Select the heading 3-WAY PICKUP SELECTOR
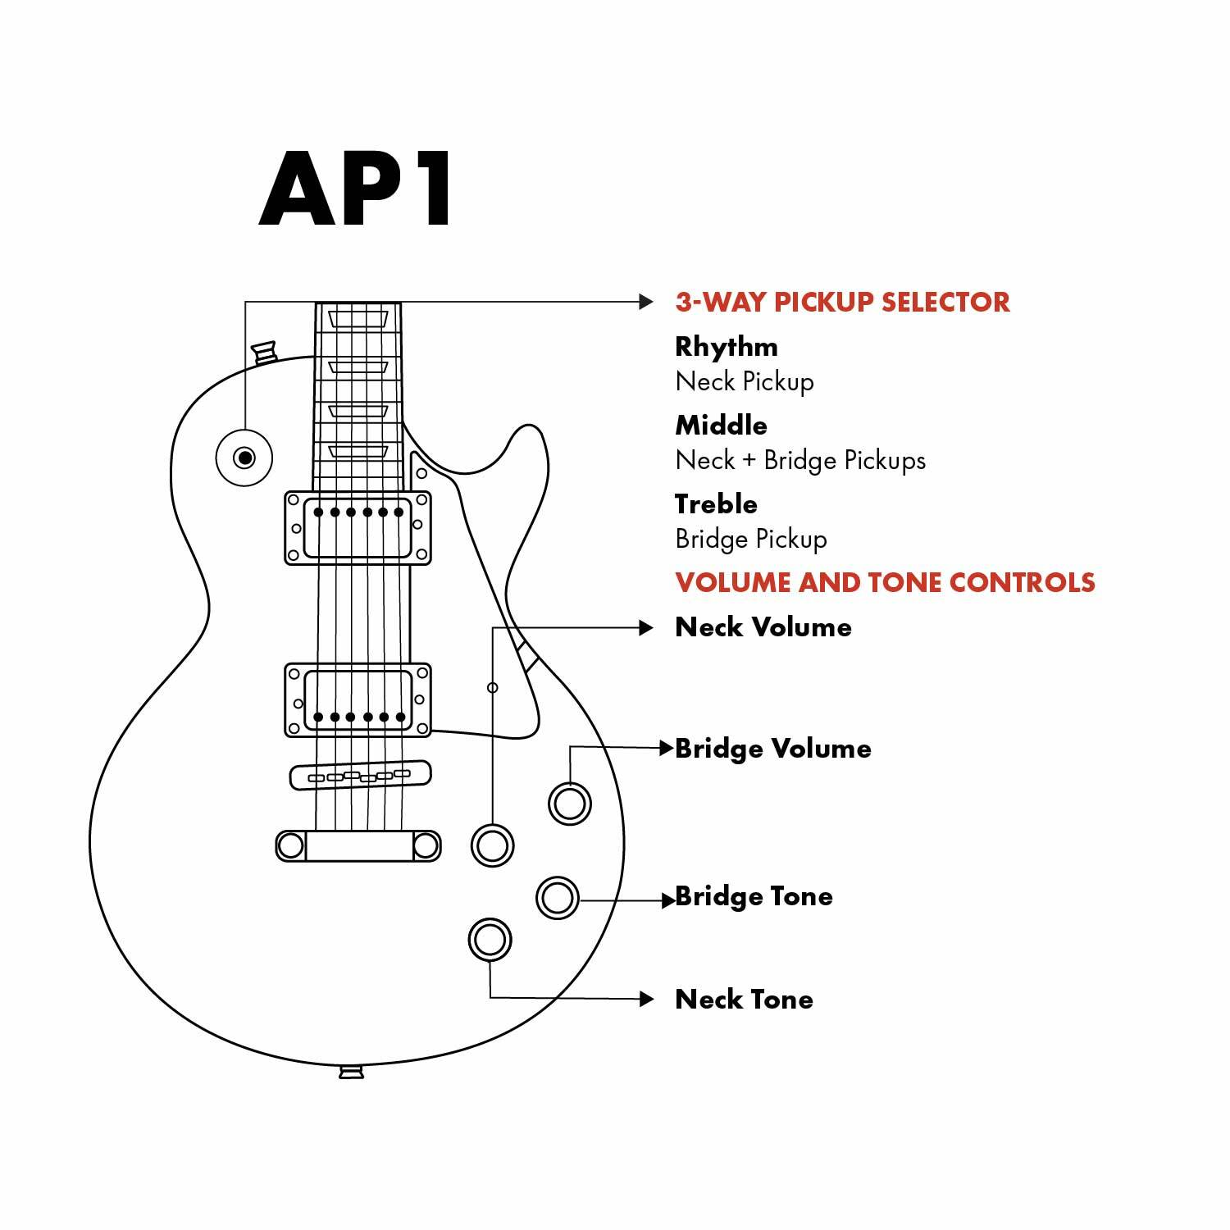coord(842,302)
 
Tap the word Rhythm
coord(726,347)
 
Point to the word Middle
coord(721,426)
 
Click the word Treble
coord(716,504)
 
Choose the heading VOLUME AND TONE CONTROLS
coord(885,582)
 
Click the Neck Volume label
coord(763,627)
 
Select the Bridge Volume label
coord(772,749)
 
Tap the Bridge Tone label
coord(754,896)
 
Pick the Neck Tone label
coord(744,1000)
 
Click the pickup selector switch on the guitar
coord(244,458)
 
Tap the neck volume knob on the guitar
coord(492,845)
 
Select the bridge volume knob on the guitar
coord(569,803)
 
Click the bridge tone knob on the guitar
coord(557,897)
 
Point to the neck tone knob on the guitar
coord(490,940)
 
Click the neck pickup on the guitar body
coord(358,528)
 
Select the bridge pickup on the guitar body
coord(358,699)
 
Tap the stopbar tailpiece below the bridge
coord(358,845)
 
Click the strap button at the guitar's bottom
coord(351,1072)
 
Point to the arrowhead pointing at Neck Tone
coord(647,999)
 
